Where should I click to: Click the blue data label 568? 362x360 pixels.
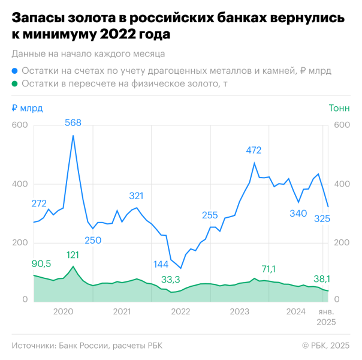click(x=73, y=123)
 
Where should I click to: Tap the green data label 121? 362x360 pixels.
click(x=73, y=255)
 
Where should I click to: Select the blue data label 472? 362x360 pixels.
click(x=254, y=151)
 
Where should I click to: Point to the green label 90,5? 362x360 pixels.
click(x=41, y=263)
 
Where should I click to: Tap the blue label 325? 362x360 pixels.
click(x=322, y=218)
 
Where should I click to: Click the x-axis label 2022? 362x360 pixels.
click(x=181, y=311)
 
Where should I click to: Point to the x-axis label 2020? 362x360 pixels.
click(x=64, y=311)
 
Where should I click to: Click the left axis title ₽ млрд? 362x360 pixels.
click(x=27, y=108)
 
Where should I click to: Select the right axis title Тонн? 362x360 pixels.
click(x=338, y=108)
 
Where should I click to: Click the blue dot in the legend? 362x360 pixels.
click(x=14, y=71)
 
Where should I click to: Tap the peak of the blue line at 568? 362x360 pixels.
click(x=73, y=136)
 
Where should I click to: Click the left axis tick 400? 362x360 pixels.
click(x=20, y=184)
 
